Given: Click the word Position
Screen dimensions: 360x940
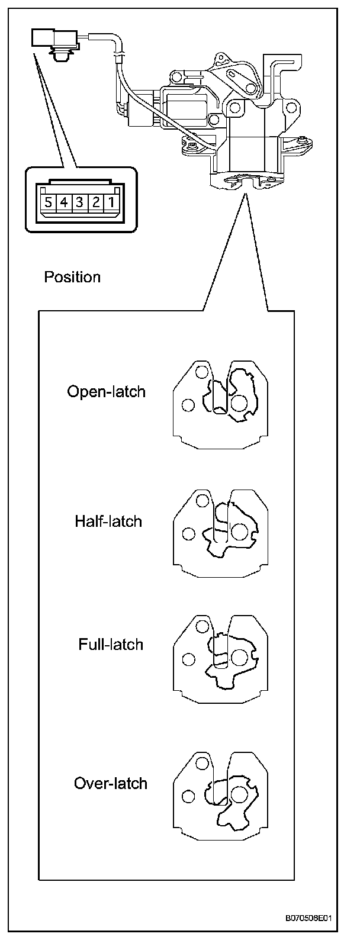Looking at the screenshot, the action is (72, 277).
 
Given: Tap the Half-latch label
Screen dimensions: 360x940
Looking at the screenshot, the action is (108, 521).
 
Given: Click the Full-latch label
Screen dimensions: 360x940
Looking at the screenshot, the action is (111, 644).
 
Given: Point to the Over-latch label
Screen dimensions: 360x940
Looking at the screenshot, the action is (110, 784).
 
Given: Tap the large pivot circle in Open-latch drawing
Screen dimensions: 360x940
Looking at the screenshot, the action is (239, 403).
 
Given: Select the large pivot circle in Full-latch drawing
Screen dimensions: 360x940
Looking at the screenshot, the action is (239, 657).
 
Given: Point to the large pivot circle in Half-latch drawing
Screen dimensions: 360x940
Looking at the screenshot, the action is (239, 532).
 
